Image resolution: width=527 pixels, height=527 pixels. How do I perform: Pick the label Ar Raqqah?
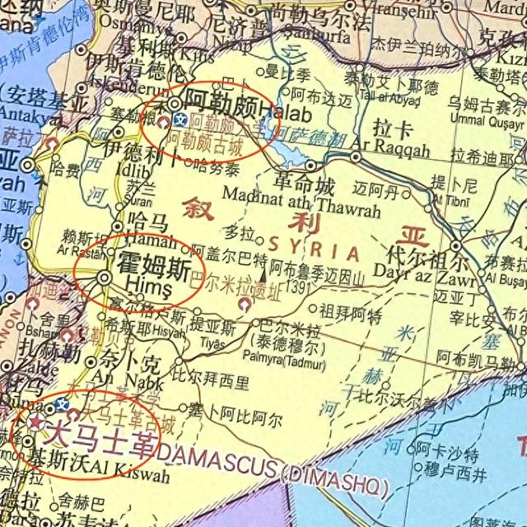(390, 152)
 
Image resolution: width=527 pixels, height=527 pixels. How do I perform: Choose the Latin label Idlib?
(138, 169)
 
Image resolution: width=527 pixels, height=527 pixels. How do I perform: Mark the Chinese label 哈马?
(149, 220)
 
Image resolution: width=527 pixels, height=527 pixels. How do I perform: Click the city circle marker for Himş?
(105, 279)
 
